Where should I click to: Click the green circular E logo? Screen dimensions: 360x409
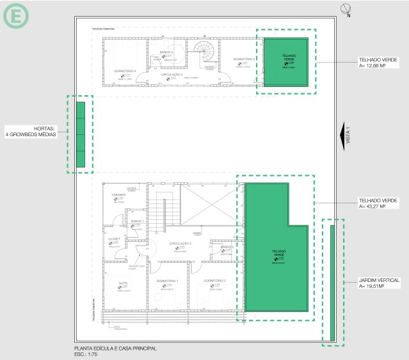(15, 16)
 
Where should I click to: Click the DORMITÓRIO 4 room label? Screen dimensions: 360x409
(125, 71)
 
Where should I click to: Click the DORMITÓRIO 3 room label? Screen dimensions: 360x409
(245, 59)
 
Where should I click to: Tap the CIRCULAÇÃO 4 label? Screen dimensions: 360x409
(172, 74)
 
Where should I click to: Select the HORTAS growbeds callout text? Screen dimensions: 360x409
(31, 131)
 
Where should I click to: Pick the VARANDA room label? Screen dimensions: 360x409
(118, 194)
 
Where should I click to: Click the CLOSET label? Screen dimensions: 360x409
(114, 239)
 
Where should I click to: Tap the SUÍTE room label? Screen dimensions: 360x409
(124, 282)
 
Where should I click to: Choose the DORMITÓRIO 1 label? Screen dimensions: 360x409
(168, 281)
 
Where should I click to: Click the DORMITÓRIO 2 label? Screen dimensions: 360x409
(215, 281)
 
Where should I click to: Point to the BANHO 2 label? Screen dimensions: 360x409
(226, 247)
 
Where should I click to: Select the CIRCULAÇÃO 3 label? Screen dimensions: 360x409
(181, 244)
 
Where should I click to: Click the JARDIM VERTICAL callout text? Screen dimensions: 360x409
(380, 280)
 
